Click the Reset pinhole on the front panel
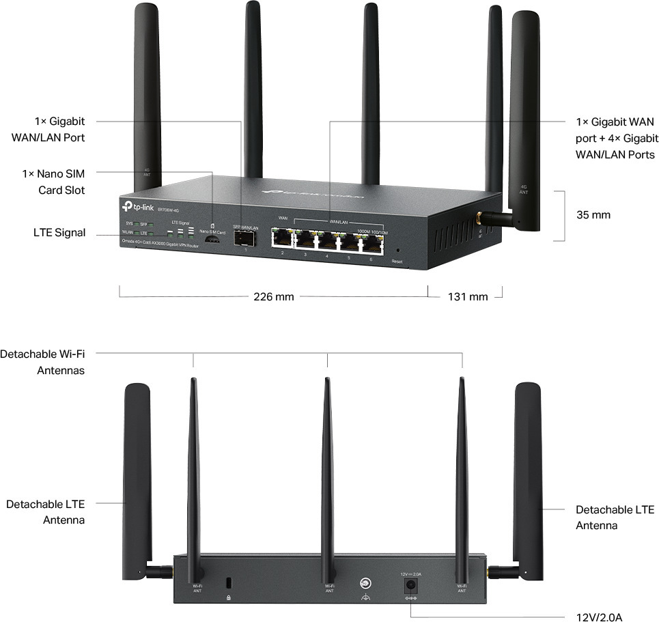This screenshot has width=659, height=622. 397,251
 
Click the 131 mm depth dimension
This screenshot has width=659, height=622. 468,296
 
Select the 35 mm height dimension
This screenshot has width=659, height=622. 593,215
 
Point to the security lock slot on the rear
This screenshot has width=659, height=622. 229,583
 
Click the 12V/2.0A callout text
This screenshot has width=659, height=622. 600,617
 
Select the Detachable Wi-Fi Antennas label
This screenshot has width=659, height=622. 42,362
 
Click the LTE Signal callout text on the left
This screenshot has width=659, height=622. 59,233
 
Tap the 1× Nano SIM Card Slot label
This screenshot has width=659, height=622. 53,182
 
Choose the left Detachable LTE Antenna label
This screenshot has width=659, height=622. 45,512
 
